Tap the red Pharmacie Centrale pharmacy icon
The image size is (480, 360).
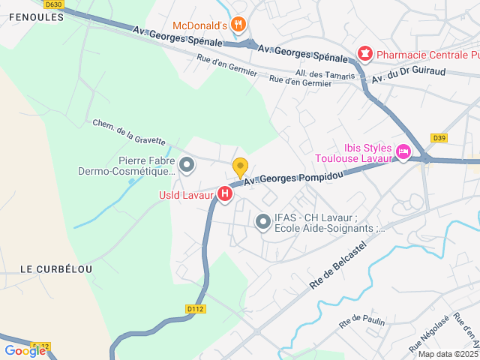364,53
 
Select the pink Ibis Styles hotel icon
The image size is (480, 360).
403,152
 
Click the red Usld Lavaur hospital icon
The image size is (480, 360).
224,194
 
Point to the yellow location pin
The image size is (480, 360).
240,166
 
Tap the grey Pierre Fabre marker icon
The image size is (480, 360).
187,163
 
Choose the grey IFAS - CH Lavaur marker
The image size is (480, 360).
262,221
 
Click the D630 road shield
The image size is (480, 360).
52,4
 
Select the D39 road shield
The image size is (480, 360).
439,137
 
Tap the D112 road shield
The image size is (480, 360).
194,308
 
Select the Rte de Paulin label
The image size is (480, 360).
361,322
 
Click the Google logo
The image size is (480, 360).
25,350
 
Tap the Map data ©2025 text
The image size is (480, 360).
448,354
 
